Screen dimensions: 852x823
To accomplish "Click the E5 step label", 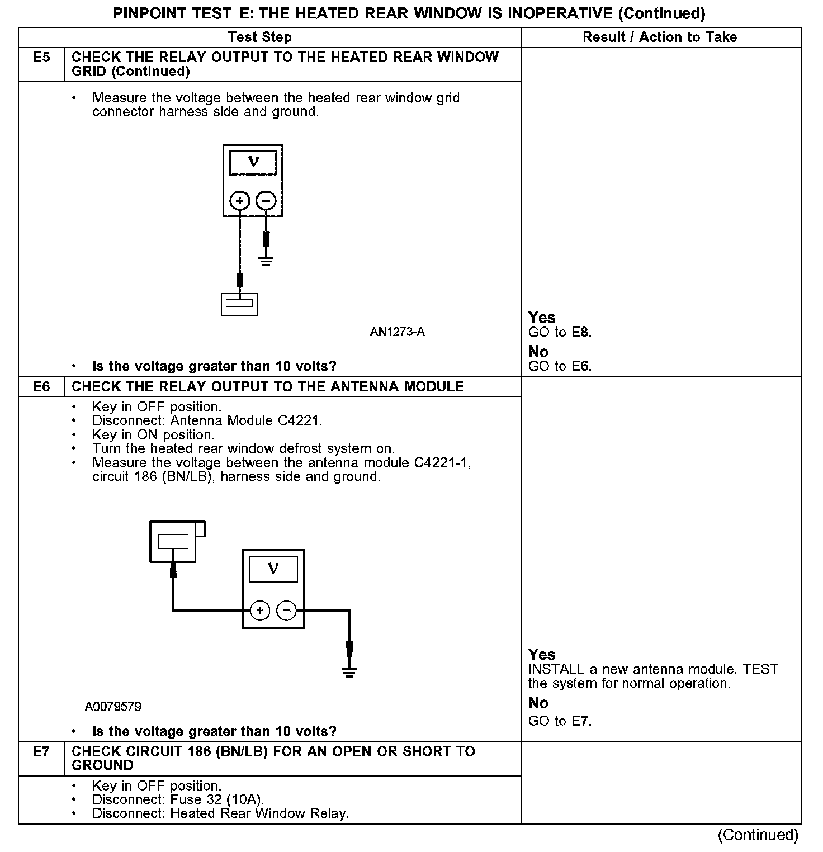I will point(41,58).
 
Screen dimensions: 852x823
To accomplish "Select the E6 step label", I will point(41,387).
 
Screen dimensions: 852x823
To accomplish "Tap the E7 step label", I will point(41,751).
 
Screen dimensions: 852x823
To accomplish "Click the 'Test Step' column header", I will point(260,37).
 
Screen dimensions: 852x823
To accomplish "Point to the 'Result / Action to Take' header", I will point(660,37).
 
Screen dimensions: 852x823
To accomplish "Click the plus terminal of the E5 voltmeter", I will point(240,201).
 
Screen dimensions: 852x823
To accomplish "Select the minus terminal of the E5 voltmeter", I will point(266,201).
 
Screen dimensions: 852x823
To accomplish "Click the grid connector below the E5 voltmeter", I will point(239,305).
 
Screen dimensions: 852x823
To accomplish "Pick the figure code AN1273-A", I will point(397,332).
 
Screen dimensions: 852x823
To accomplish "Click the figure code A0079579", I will point(113,707).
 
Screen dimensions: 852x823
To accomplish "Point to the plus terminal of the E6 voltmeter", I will point(260,610).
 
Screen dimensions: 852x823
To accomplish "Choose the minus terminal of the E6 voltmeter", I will point(287,610).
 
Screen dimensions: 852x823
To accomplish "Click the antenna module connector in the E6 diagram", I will point(174,541).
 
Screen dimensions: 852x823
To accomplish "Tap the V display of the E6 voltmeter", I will point(273,569).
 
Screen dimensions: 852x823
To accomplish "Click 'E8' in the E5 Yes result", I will point(581,333).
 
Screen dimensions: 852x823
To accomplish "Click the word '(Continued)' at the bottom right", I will point(758,835).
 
